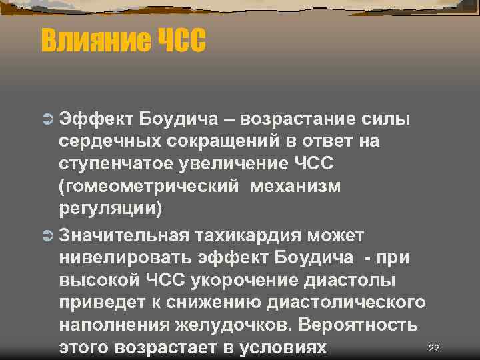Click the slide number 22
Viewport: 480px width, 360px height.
(x=434, y=348)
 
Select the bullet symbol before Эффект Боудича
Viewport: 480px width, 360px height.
(x=47, y=119)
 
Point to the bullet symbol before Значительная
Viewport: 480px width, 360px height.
(x=47, y=235)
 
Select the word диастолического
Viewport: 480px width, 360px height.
(x=349, y=303)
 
